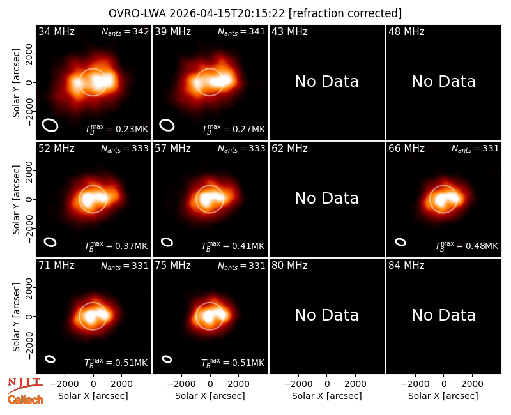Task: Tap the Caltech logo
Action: (26, 400)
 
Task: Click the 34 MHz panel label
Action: (56, 31)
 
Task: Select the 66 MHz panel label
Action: (406, 149)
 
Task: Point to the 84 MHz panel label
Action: (406, 266)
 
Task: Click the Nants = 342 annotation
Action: (125, 31)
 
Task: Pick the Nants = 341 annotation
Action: (241, 31)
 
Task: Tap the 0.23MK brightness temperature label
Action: (117, 129)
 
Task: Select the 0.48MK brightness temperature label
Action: (467, 246)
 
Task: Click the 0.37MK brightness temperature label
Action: (116, 246)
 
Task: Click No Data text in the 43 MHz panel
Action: (327, 82)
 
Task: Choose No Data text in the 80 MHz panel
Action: (327, 315)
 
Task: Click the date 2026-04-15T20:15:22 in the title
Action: (227, 13)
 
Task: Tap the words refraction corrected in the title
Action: (346, 13)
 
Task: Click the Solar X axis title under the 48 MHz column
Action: (443, 396)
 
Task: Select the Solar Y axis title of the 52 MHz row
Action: (17, 199)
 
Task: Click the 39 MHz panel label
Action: (172, 31)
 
